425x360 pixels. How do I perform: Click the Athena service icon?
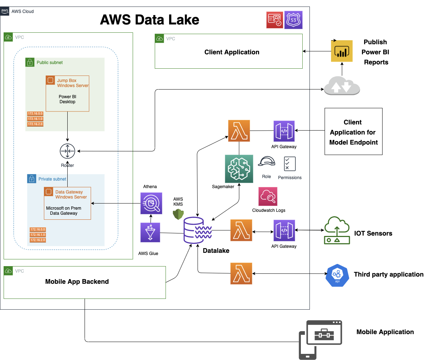pos(151,203)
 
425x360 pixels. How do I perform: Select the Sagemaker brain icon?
pos(239,168)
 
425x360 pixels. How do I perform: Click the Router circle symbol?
pos(67,151)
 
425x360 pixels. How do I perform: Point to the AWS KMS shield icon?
pos(178,214)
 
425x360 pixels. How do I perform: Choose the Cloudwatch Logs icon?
pos(268,196)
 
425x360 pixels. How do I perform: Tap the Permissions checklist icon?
pos(290,164)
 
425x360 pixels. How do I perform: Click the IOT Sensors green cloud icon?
pos(337,230)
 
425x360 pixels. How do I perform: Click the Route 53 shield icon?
pos(294,20)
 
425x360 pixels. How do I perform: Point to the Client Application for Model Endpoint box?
pos(353,132)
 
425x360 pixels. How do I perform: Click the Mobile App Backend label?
pos(77,282)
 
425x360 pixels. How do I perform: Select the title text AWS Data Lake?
pos(149,19)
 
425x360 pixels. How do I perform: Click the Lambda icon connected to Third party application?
pos(241,273)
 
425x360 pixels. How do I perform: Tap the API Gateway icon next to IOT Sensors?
pos(284,231)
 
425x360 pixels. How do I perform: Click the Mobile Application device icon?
pos(320,340)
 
